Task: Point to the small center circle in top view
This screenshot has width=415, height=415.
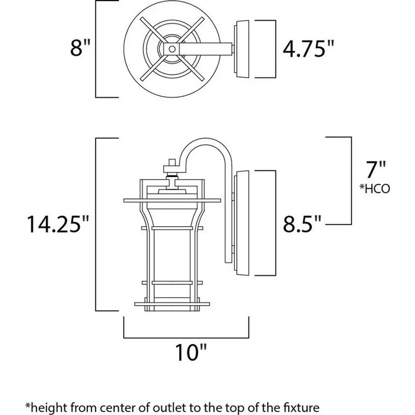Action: pos(172,49)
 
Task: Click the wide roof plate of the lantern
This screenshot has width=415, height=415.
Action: pos(172,200)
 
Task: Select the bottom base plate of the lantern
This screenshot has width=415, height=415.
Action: pos(172,304)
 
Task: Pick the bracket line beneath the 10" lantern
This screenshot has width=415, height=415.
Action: pos(186,337)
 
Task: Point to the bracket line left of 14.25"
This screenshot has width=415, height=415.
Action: pos(96,224)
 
